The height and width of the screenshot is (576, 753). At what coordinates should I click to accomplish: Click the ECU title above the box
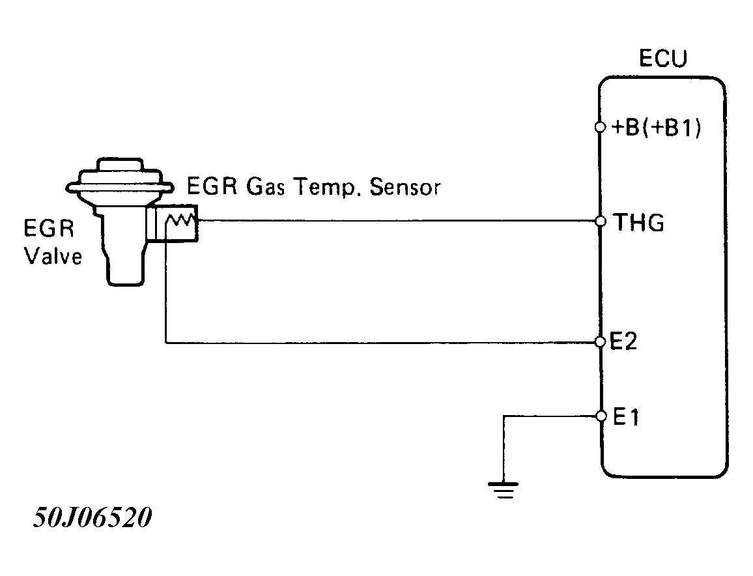[x=662, y=59]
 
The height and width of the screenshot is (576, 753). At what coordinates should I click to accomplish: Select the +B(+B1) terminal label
[x=657, y=129]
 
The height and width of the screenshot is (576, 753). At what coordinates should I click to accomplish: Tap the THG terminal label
[x=640, y=223]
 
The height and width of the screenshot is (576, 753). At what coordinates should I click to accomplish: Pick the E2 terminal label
[x=625, y=342]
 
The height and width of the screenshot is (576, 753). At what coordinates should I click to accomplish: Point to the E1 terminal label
[x=625, y=417]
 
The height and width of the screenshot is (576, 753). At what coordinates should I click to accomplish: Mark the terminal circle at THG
[x=601, y=222]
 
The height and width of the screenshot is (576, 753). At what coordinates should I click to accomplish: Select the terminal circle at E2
[x=601, y=342]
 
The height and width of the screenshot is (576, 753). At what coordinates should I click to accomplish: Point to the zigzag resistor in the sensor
[x=180, y=222]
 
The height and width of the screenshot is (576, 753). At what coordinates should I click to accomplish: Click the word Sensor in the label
[x=405, y=188]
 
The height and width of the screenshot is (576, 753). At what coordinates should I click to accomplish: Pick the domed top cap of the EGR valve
[x=119, y=166]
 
